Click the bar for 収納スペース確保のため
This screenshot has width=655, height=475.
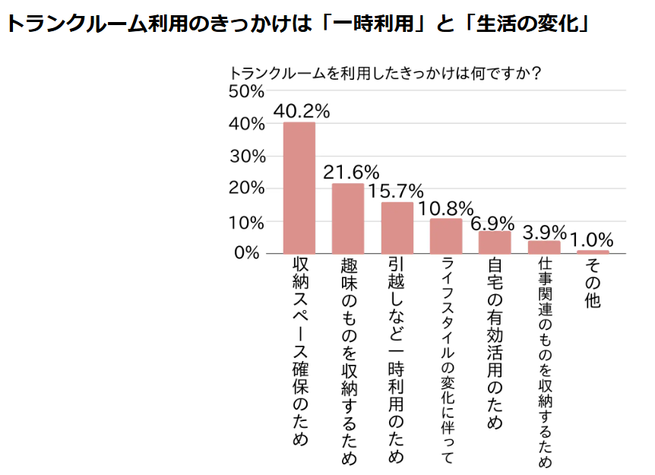[299, 188]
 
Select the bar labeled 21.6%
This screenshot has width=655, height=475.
[348, 218]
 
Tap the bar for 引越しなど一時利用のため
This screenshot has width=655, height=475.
[397, 228]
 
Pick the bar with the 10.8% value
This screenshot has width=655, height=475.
[446, 236]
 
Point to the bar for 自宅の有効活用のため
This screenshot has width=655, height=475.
[495, 242]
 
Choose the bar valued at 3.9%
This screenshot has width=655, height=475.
[544, 247]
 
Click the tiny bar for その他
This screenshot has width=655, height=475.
[593, 252]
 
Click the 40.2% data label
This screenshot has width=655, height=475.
[302, 111]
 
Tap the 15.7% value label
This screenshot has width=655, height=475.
[396, 192]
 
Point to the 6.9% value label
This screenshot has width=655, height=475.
[492, 223]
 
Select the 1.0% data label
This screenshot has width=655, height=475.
[591, 240]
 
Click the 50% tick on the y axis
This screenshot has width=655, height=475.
[246, 91]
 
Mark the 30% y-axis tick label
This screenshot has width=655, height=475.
[247, 157]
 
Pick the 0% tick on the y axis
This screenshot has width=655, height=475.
[247, 253]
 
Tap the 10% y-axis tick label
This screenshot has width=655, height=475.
[246, 223]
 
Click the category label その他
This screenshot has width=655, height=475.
[593, 283]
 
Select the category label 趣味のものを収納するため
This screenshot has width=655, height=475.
[350, 361]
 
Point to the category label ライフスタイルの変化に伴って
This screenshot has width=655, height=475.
[448, 360]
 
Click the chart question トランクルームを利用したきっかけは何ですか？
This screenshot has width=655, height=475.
[385, 73]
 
